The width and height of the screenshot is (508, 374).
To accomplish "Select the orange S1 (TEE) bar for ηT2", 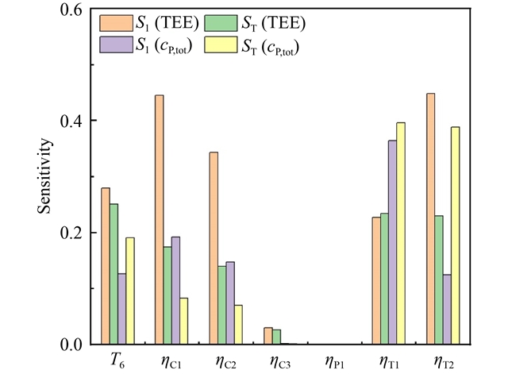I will (429, 219).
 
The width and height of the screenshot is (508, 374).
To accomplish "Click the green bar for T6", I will (114, 274).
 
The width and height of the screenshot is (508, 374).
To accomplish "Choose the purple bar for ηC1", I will (176, 291).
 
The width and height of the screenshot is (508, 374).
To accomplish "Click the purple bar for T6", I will (122, 309).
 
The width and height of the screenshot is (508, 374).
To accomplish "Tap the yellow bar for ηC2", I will (239, 325).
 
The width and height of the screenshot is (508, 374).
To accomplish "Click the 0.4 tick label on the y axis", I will (71, 121).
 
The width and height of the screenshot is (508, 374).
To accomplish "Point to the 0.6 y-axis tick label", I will (71, 10).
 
